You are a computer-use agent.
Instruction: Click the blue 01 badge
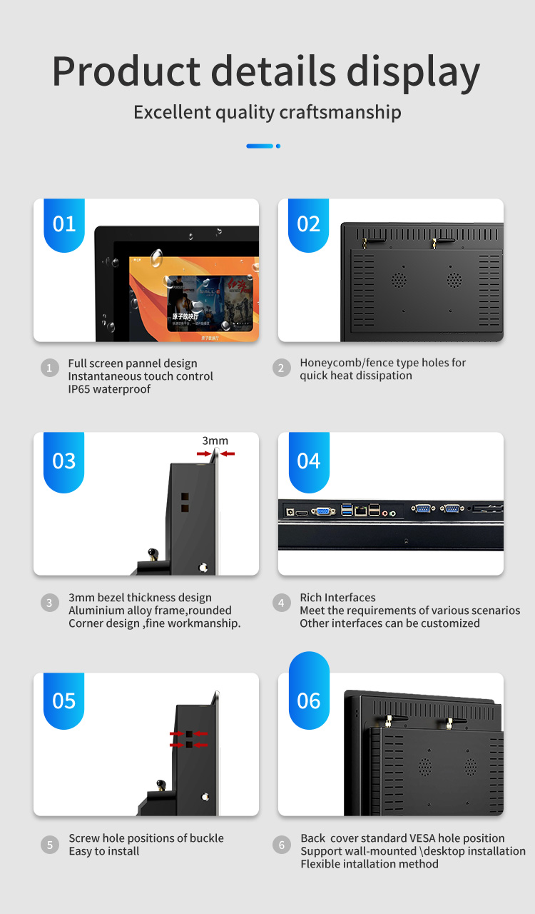[x=64, y=224]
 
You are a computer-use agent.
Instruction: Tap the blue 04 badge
[x=309, y=461]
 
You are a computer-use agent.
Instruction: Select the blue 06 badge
[x=309, y=700]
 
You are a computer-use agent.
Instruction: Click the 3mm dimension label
[x=215, y=441]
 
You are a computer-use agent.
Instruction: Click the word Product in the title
[x=126, y=71]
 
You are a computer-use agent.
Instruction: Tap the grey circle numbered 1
[x=49, y=368]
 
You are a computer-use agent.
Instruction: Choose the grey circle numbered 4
[x=282, y=603]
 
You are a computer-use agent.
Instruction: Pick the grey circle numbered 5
[x=49, y=845]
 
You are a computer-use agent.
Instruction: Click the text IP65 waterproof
[x=109, y=389]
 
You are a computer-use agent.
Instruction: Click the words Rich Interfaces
[x=337, y=598]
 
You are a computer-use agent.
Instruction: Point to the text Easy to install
[x=104, y=851]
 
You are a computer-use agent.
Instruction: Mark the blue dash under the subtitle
[x=260, y=146]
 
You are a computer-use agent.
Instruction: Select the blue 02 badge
[x=309, y=224]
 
